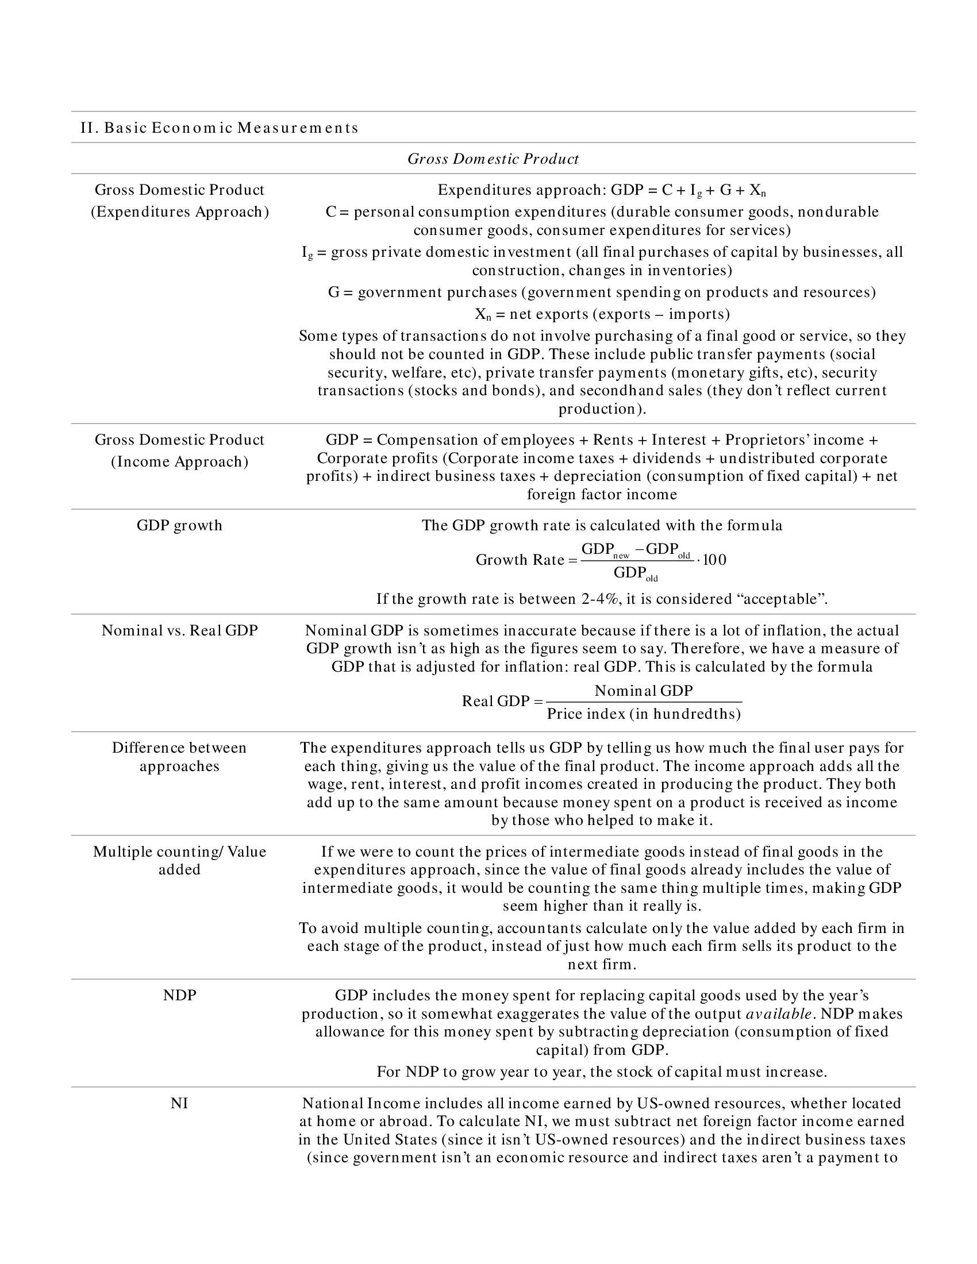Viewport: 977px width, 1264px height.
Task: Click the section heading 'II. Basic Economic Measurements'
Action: (x=220, y=128)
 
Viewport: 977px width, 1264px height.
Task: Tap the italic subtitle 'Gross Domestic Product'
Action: (x=493, y=159)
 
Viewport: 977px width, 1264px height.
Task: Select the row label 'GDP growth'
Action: (x=179, y=525)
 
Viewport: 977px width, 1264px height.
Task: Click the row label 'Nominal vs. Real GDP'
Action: (x=179, y=630)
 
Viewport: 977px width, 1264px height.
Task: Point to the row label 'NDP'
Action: (x=179, y=995)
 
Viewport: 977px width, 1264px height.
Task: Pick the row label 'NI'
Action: (x=179, y=1103)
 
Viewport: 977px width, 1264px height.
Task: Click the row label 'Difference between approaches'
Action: (x=179, y=757)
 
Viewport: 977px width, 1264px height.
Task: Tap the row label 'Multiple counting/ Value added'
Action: (x=179, y=860)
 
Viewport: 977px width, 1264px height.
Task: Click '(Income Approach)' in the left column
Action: (x=179, y=461)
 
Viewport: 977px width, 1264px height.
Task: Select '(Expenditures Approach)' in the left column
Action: (x=179, y=211)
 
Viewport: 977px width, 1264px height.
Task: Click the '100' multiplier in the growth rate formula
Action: (x=714, y=560)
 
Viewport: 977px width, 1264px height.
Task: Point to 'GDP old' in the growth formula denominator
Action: (x=636, y=573)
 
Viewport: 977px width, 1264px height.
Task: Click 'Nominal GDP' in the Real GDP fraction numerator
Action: (x=644, y=691)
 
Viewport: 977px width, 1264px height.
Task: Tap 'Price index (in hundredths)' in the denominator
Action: (x=644, y=714)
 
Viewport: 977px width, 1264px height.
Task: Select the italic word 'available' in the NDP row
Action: (x=779, y=1013)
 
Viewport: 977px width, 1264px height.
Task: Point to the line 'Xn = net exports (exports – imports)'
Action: (x=602, y=314)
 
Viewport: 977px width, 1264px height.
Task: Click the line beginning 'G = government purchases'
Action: (x=602, y=292)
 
